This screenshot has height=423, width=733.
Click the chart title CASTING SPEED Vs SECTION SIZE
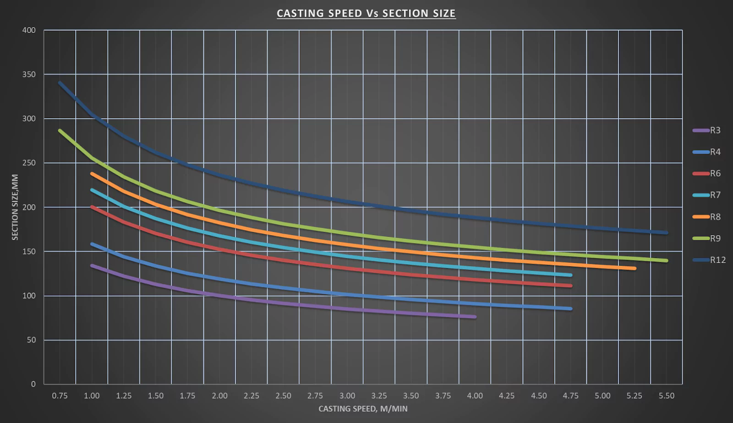coord(366,13)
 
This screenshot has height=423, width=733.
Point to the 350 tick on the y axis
coord(29,74)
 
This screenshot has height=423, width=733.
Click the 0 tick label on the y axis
coord(33,384)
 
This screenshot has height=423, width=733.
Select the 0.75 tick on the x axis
coord(60,396)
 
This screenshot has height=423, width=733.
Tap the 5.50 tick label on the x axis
coord(667,396)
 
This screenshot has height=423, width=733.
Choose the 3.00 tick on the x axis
coord(347,396)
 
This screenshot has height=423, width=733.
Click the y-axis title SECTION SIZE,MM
coord(15,207)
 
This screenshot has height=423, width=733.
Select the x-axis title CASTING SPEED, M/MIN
coord(363,409)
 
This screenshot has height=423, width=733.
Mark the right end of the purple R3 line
coord(475,317)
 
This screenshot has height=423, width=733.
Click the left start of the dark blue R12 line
coord(60,83)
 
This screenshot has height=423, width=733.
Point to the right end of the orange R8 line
coord(634,269)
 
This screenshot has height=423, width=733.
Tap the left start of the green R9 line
coord(60,131)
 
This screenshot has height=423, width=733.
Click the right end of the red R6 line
coord(570,286)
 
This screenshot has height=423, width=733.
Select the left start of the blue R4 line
coord(92,244)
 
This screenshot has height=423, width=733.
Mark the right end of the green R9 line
coord(666,261)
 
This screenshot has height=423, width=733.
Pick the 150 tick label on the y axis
coord(29,252)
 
